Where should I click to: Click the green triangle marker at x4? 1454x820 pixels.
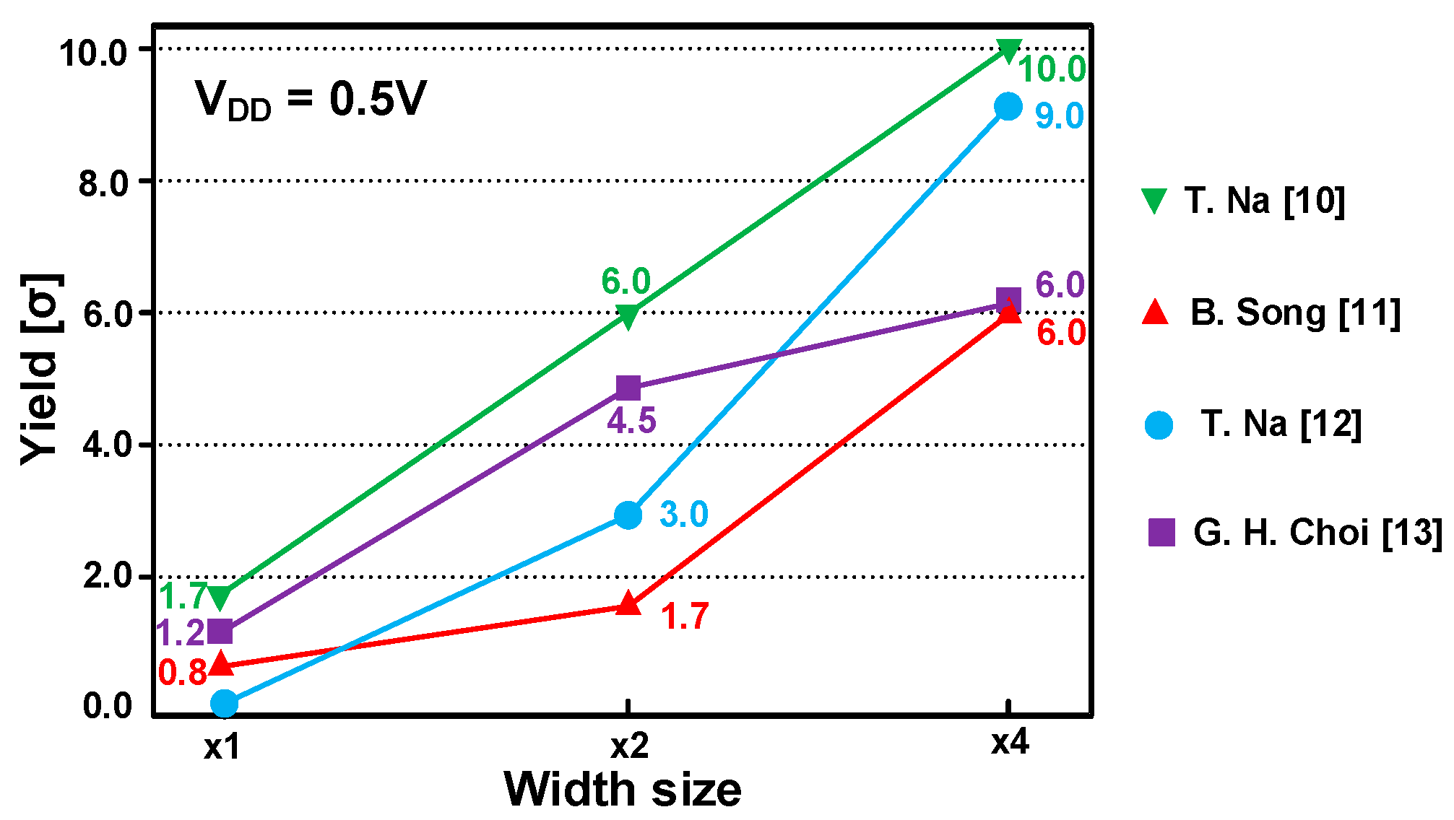pyautogui.click(x=1008, y=51)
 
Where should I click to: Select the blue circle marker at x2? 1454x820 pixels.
pyautogui.click(x=628, y=515)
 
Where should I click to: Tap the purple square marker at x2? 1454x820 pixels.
pyautogui.click(x=628, y=388)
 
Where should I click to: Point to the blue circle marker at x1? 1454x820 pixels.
pyautogui.click(x=225, y=702)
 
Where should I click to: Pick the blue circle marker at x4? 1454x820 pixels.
pyautogui.click(x=1008, y=107)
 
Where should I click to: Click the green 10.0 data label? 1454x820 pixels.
pyautogui.click(x=1052, y=70)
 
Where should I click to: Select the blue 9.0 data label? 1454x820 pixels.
pyautogui.click(x=1059, y=116)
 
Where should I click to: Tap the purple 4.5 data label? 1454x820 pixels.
pyautogui.click(x=631, y=421)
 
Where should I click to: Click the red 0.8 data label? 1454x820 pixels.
pyautogui.click(x=183, y=673)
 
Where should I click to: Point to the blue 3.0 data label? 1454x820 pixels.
pyautogui.click(x=683, y=515)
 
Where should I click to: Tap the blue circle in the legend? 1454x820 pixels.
pyautogui.click(x=1159, y=424)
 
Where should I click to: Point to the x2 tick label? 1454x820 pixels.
pyautogui.click(x=629, y=746)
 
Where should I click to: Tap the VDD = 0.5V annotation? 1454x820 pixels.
pyautogui.click(x=311, y=100)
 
